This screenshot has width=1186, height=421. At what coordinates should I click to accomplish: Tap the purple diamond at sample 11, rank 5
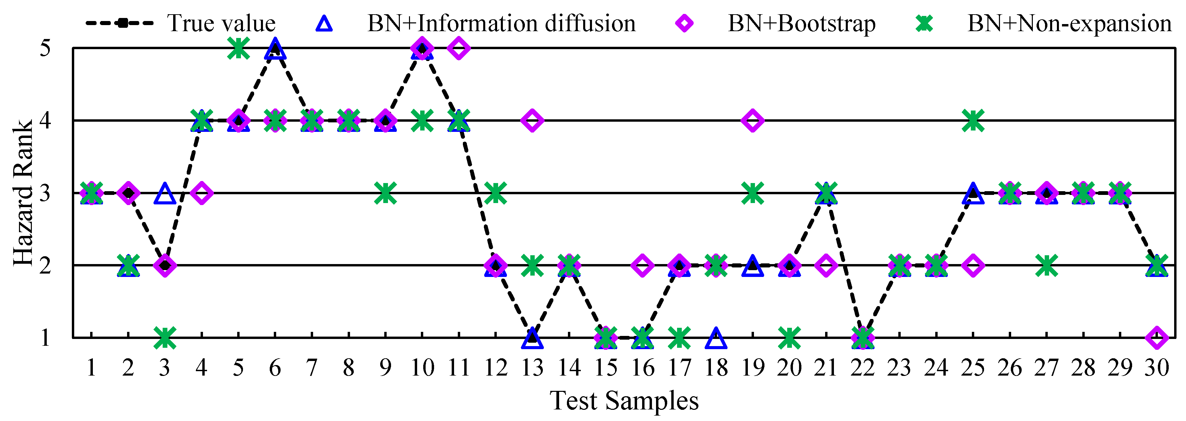[458, 48]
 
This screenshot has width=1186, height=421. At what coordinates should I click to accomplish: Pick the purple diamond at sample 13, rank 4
[532, 121]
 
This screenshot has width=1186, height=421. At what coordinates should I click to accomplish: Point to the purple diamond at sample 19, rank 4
[753, 121]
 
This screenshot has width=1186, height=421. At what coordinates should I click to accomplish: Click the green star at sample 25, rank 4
[973, 121]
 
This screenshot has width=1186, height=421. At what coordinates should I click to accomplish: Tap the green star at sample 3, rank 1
[165, 338]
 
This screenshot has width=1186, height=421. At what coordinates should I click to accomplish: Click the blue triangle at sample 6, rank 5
[275, 49]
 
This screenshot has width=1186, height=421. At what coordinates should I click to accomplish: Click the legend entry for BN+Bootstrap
[801, 23]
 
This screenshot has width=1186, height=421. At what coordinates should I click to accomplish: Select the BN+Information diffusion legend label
[501, 23]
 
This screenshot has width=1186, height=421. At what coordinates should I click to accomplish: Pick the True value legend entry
[221, 23]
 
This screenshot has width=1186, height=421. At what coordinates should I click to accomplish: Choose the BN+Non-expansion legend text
[1069, 23]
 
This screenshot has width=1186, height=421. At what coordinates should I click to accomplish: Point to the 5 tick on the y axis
[45, 48]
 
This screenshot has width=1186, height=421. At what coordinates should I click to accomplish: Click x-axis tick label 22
[862, 367]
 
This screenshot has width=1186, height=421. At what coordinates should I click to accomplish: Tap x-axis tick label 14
[569, 367]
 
